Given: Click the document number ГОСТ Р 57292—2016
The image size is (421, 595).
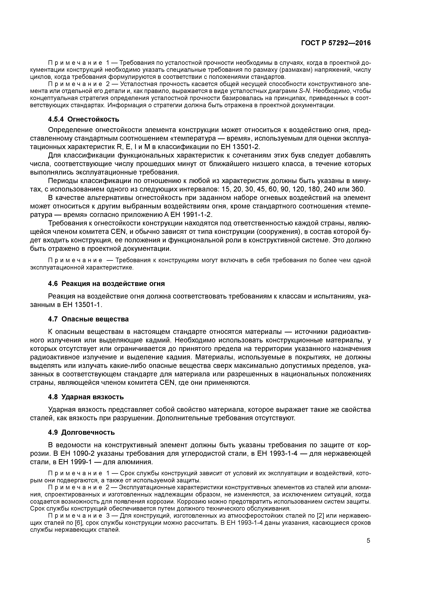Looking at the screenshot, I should click(x=336, y=43).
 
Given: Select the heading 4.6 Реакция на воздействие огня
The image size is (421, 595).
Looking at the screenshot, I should click(x=106, y=284).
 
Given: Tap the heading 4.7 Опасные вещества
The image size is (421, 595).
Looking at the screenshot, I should click(x=88, y=319).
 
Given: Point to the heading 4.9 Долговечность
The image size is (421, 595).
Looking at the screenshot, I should click(x=81, y=432).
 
